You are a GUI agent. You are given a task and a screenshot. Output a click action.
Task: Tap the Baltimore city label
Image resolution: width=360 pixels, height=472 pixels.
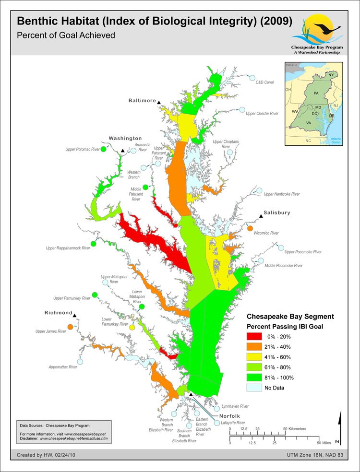pyautogui.click(x=142, y=101)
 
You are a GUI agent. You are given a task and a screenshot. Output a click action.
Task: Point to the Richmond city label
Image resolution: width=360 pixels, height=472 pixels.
pyautogui.click(x=58, y=313)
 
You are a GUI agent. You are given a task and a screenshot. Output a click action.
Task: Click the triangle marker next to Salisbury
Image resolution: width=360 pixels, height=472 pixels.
pyautogui.click(x=261, y=217)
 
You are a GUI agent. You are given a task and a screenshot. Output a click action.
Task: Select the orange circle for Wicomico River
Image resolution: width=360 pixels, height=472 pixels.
pyautogui.click(x=250, y=228)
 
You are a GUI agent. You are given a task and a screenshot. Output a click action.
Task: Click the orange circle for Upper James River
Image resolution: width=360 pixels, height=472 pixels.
pyautogui.click(x=71, y=327)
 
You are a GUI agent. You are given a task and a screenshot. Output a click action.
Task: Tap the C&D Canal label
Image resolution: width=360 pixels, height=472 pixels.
pyautogui.click(x=265, y=83)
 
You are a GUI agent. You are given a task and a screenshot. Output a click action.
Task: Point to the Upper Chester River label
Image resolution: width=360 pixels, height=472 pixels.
pyautogui.click(x=262, y=114)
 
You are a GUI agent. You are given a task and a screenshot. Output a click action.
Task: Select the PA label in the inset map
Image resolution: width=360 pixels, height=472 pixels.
pyautogui.click(x=316, y=92)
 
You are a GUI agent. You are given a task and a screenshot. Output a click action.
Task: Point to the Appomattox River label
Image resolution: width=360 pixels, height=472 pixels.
pyautogui.click(x=63, y=367)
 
